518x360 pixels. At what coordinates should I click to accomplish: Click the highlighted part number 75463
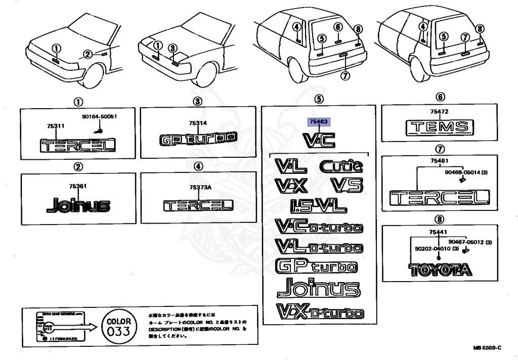(x=319, y=122)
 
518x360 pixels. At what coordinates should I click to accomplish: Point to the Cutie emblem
(x=340, y=165)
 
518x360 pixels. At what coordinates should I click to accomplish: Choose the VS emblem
(x=347, y=185)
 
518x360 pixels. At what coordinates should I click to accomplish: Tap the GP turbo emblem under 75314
(x=198, y=138)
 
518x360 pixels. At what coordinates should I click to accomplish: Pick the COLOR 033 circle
(x=118, y=326)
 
